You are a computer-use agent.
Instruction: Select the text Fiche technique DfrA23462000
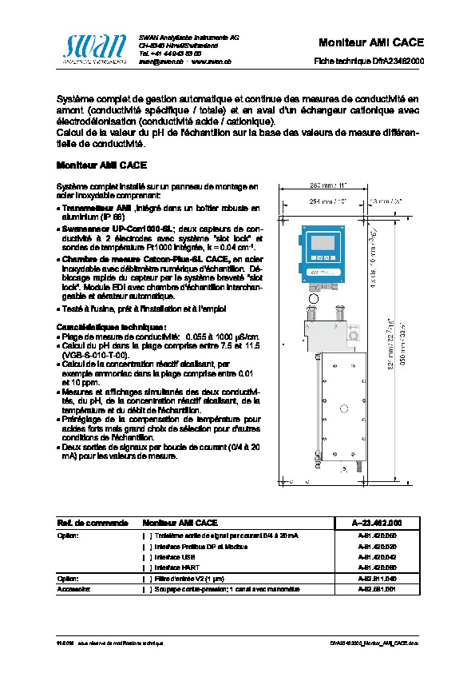point(369,61)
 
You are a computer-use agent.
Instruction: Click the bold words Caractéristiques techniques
point(100,327)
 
